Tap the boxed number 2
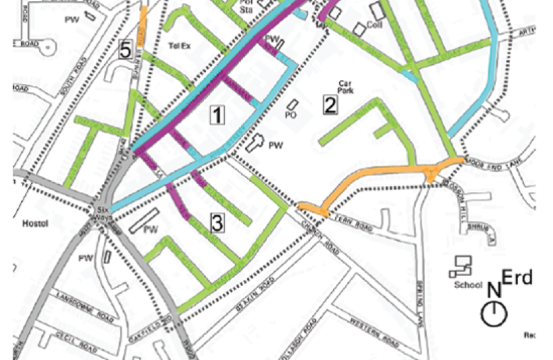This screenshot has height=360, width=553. coord(330,104)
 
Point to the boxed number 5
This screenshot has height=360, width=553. coord(125,49)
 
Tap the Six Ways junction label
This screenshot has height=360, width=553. coord(99,213)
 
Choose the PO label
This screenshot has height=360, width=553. coord(290,115)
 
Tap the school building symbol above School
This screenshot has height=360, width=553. coord(459,266)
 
